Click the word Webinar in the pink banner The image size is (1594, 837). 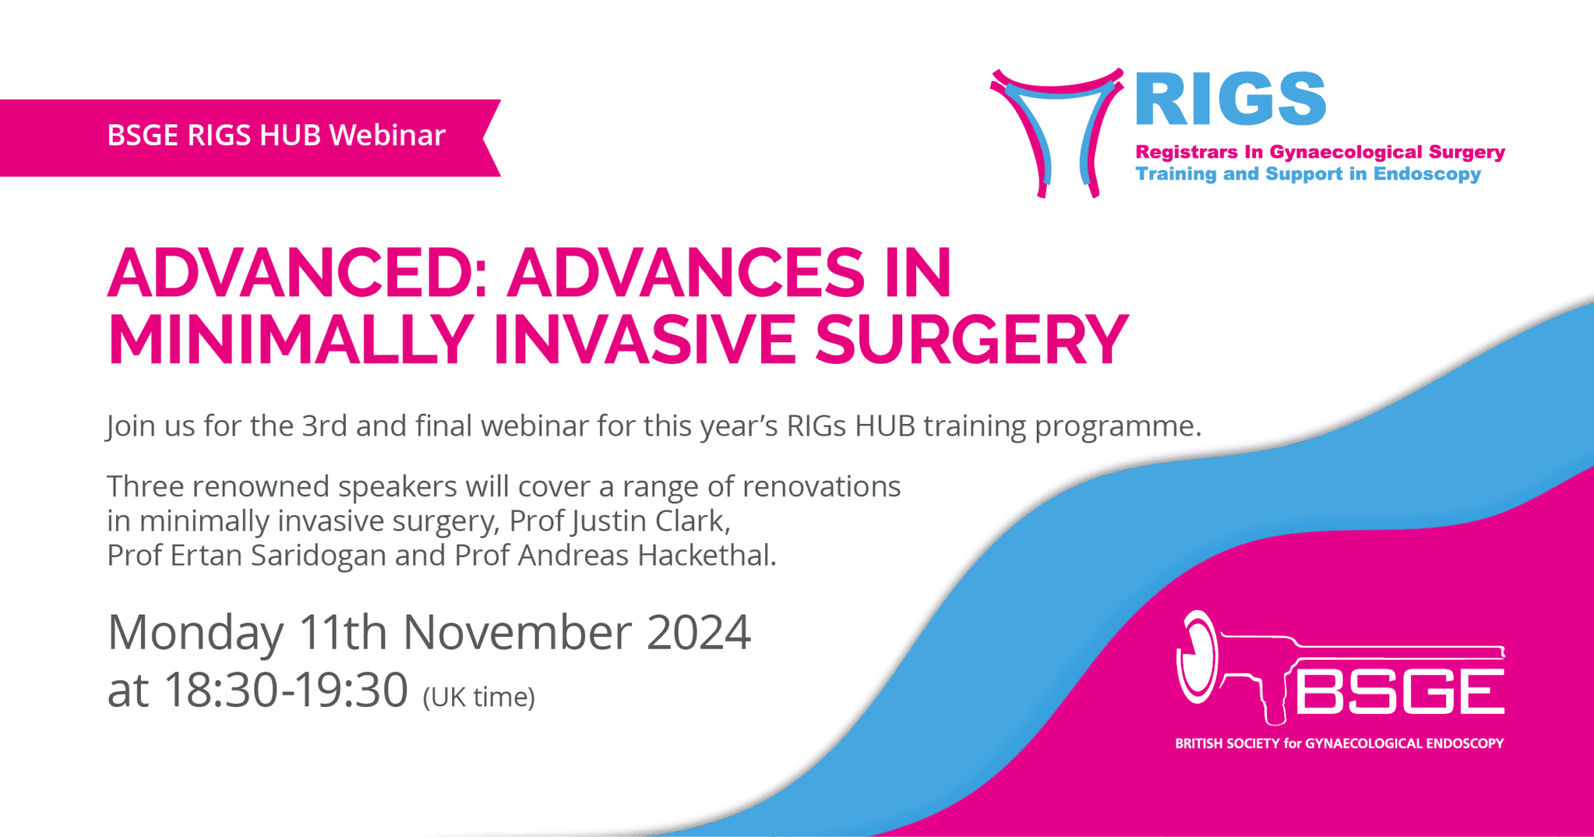pos(387,135)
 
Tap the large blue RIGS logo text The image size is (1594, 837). pos(1230,99)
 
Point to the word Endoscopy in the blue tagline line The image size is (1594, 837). pos(1427,174)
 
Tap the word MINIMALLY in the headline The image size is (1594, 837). pos(290,340)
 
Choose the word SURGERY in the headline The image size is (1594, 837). pos(971,340)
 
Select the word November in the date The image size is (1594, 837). pos(517,632)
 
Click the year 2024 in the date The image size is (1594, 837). pos(698,632)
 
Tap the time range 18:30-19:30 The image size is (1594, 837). pos(286,690)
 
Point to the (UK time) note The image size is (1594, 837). pos(479,697)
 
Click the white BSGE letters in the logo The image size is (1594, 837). pos(1399,691)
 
